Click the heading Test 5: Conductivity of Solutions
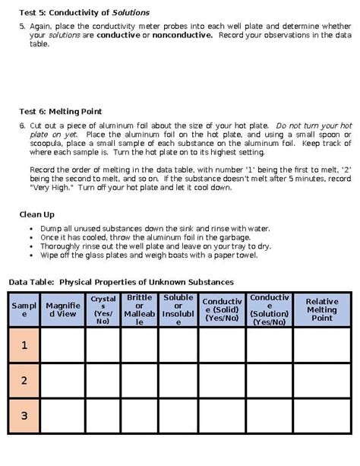coord(84,13)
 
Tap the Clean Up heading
coord(36,214)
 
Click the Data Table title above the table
coord(121,282)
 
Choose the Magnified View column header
coord(62,309)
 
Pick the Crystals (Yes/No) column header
coord(103,309)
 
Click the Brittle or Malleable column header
coord(140,309)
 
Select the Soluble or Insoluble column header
coord(178,309)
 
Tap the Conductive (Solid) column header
coord(221,309)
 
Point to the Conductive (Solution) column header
coord(269,309)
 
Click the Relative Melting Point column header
coord(321,309)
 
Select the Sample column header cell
coord(24,309)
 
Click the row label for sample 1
coord(24,345)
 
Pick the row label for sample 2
coord(24,380)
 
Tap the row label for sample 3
coord(24,416)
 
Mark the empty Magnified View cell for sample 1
coord(62,345)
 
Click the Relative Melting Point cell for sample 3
coord(321,416)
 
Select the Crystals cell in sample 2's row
coord(103,380)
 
